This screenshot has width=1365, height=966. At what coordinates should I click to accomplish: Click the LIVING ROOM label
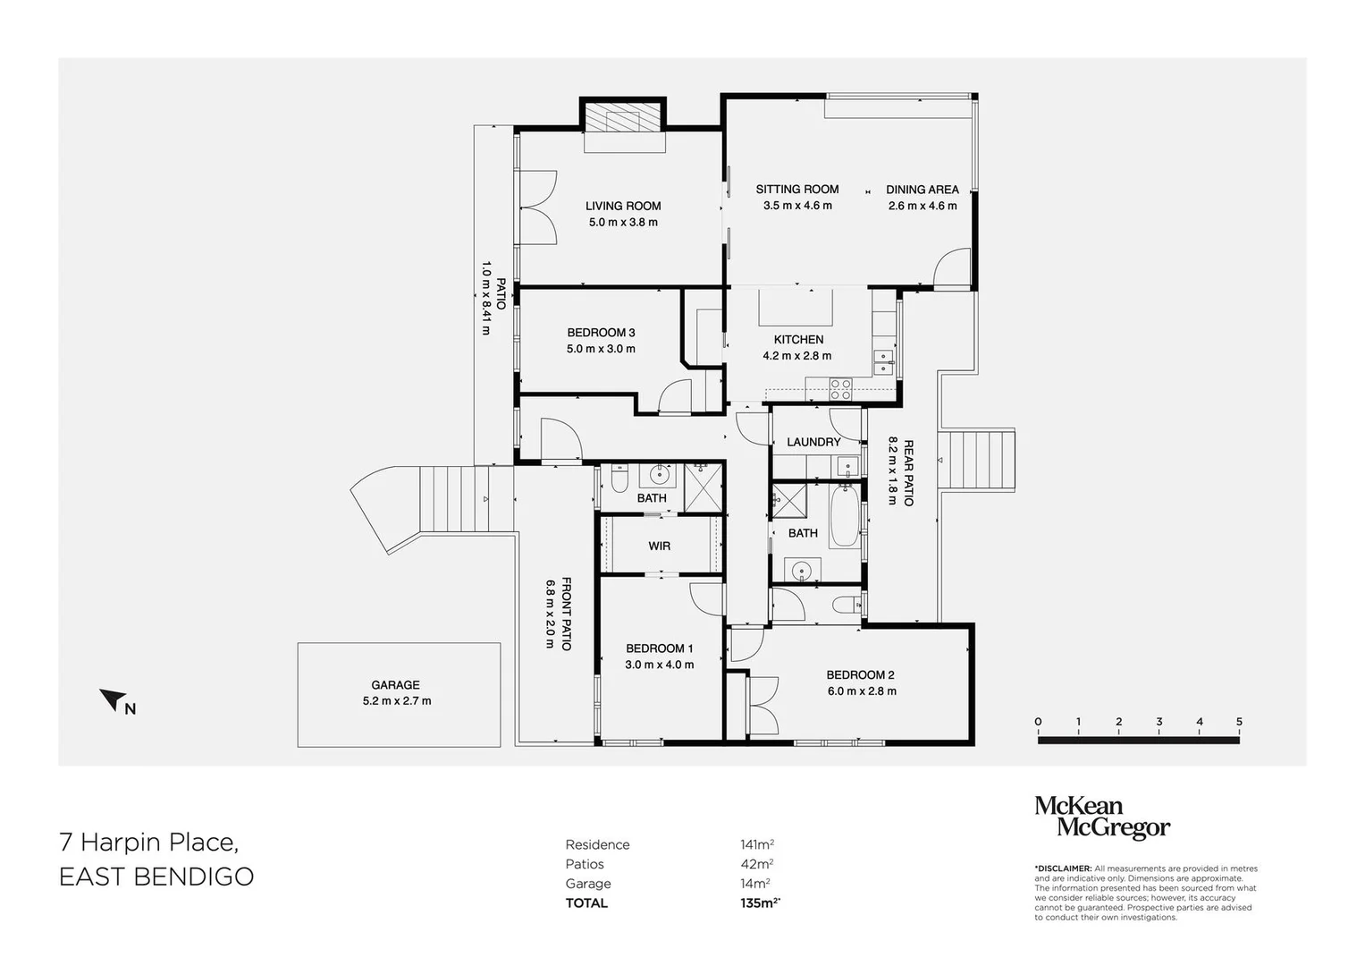tap(623, 206)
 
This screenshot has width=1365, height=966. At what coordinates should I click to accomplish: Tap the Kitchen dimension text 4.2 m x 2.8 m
tap(797, 356)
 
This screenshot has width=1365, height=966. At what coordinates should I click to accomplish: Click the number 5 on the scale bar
tap(1239, 722)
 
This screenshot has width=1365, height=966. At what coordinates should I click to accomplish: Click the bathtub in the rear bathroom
tap(845, 516)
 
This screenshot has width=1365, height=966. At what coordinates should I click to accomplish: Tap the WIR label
tap(660, 547)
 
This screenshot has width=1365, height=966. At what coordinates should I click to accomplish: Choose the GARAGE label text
tap(395, 685)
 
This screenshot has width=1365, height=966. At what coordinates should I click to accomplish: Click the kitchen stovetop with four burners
tap(841, 389)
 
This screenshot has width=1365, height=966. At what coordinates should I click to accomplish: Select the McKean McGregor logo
tap(1102, 818)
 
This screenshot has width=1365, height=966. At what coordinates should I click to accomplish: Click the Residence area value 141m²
tap(757, 844)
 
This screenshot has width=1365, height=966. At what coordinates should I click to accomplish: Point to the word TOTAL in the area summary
tap(586, 903)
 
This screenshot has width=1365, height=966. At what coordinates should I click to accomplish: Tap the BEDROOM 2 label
tap(861, 675)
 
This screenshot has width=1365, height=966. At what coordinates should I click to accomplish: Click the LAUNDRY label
tap(813, 442)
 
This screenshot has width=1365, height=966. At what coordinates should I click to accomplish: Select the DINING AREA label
tap(923, 190)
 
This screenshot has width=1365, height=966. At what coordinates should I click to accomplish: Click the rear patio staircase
tap(977, 461)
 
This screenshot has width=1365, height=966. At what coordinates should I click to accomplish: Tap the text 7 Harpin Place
tap(148, 843)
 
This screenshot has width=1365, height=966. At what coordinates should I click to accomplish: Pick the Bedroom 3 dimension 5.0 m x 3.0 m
tap(601, 349)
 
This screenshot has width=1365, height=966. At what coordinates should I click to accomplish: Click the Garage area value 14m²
tap(755, 884)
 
